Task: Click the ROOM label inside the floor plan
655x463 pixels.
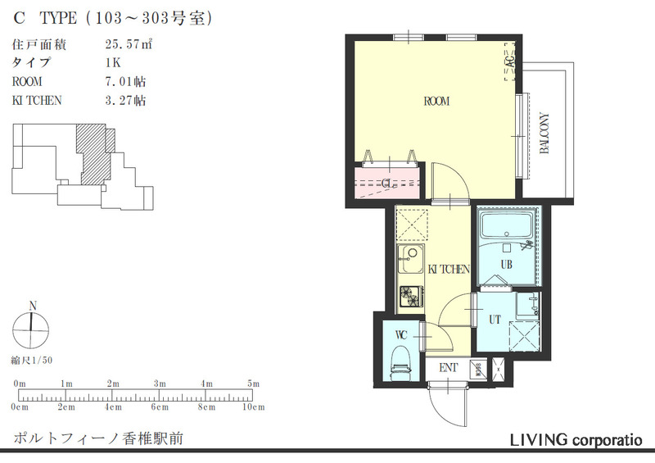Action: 437,102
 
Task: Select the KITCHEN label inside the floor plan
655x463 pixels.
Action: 448,269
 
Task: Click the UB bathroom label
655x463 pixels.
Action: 506,264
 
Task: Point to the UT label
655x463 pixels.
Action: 495,319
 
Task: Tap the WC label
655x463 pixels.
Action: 400,334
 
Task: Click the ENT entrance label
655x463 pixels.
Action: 448,368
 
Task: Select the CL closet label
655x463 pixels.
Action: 390,183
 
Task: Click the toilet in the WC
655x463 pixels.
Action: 400,360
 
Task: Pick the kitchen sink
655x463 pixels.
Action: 409,264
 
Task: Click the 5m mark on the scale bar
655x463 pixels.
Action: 253,384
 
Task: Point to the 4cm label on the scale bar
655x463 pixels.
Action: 112,406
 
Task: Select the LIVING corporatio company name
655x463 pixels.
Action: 582,440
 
